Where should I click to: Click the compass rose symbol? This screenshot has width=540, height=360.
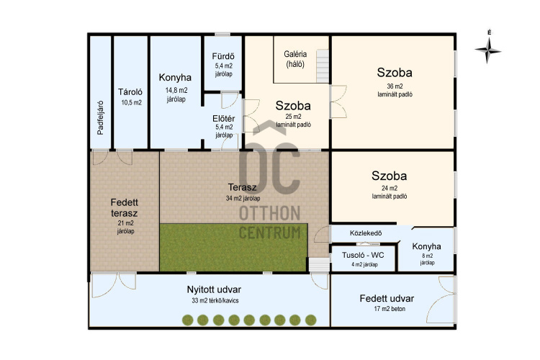coord(487,50)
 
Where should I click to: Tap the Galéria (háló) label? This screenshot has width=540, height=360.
coord(295,59)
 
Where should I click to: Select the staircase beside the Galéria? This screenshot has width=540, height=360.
coord(323,66)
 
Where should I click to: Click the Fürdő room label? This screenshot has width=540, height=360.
coord(223,56)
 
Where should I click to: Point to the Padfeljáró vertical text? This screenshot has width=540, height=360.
coord(100,117)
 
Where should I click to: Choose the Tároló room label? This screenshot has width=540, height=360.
coord(130,92)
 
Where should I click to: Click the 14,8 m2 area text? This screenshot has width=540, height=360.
coord(176,90)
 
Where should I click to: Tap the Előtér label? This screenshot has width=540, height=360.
coord(223,119)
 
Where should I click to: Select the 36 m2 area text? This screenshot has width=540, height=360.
coord(395,86)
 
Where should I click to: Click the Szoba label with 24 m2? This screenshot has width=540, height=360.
coord(389,176)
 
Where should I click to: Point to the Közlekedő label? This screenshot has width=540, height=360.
coord(366,233)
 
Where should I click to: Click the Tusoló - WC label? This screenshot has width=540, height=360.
coord(363,256)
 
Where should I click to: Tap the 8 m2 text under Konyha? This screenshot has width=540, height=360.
coord(428,256)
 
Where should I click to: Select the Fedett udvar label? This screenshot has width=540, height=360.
coord(387,298)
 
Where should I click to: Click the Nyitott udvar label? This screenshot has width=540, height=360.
coord(214,289)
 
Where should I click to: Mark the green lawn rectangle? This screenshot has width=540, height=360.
coord(233,248)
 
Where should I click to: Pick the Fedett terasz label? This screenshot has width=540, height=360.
coord(125,208)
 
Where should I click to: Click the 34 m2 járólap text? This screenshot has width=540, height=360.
coord(243,199)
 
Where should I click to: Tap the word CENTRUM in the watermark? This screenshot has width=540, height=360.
coord(270,233)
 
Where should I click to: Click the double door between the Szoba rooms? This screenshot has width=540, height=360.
coord(338,102)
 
